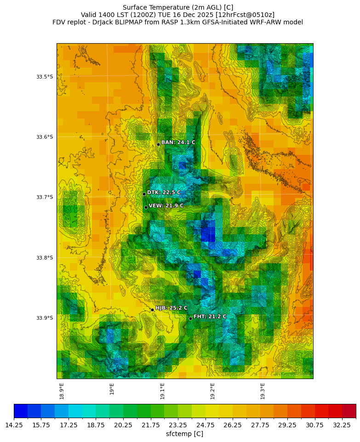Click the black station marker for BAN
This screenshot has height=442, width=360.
pos(158,144)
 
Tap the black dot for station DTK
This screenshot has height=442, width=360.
pos(144,194)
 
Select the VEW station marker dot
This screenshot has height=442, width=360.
pos(146,207)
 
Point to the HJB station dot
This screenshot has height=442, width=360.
pos(152,310)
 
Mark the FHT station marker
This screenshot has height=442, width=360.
pos(190,318)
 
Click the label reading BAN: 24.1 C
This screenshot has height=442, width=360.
pos(178,142)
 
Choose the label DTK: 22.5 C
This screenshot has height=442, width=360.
pos(164,193)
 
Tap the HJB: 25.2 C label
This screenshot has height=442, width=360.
pos(171,308)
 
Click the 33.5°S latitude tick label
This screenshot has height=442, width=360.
pos(45,77)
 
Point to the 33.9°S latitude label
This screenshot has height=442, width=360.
pos(45,318)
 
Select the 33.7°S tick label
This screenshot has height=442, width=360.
pos(45,197)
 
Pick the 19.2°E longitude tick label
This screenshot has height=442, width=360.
pos(212,391)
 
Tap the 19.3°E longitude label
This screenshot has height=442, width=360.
pos(263,391)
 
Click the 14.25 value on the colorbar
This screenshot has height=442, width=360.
pos(14,425)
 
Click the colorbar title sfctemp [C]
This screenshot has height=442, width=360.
pos(184,434)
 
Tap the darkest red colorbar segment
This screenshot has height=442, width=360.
pos(349,411)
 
